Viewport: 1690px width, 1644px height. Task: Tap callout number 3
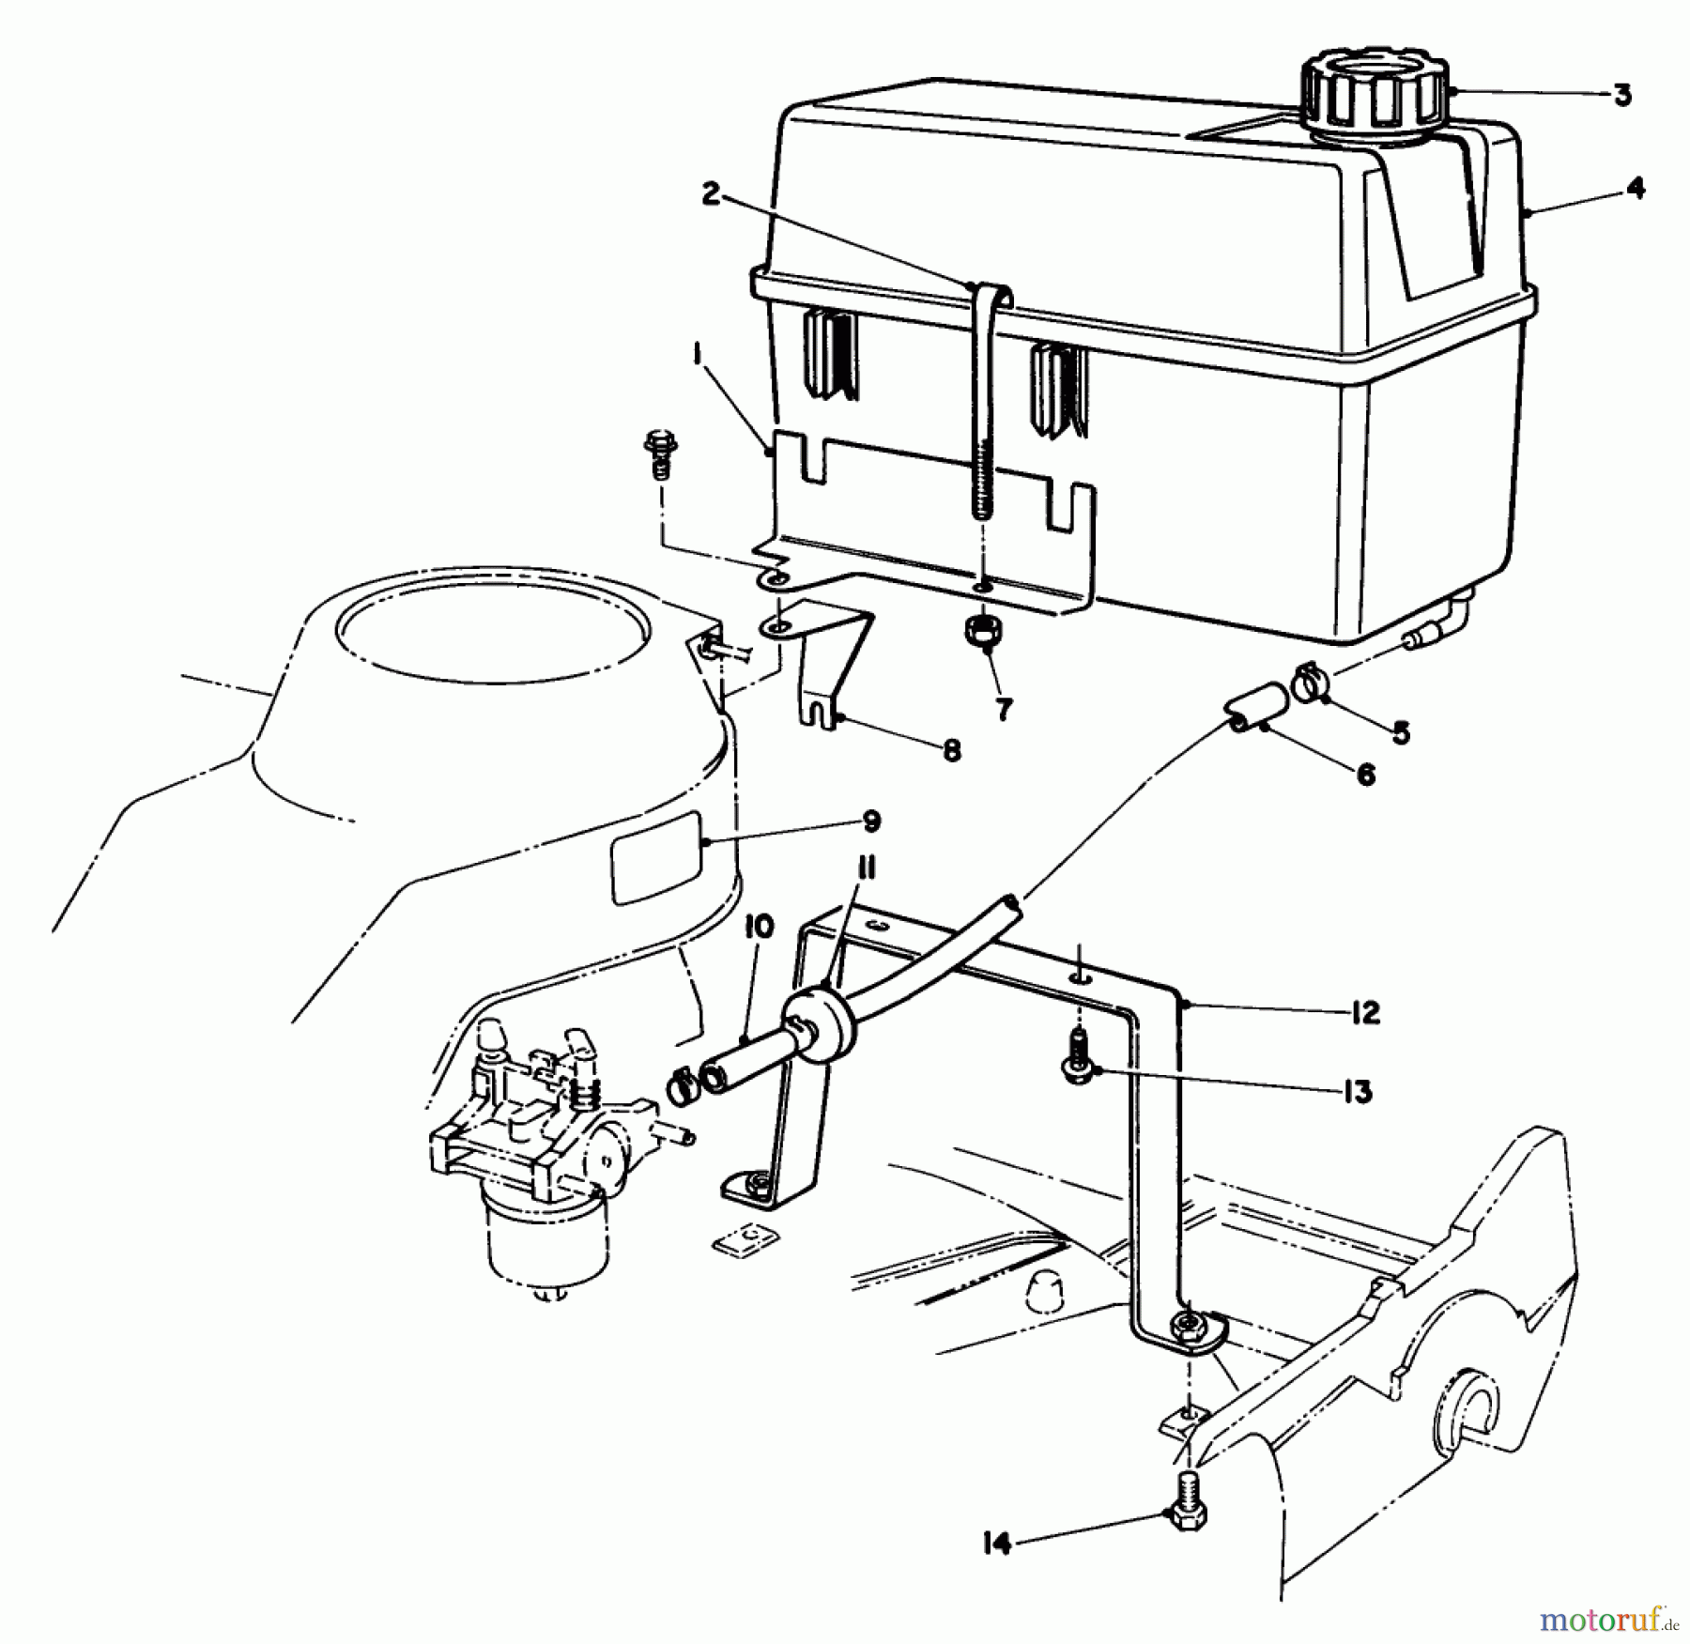pos(1621,96)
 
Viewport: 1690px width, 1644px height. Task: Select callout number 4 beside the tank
pos(1636,189)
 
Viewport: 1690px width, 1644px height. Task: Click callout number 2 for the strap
pos(711,195)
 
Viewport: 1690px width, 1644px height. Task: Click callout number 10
pos(759,928)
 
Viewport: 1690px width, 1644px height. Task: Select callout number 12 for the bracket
pos(1365,1013)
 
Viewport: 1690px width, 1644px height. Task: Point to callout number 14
pos(997,1543)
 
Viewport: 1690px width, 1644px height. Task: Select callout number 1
pos(698,355)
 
